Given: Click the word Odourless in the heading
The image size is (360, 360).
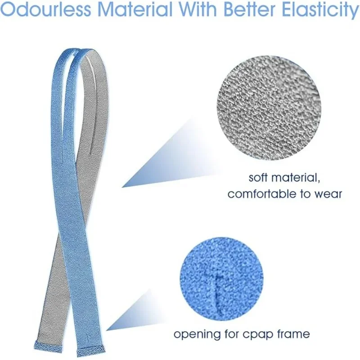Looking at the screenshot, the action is tap(47, 9).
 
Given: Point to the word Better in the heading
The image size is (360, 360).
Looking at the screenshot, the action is tap(250, 9).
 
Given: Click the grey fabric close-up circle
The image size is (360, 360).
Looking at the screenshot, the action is tap(269, 108).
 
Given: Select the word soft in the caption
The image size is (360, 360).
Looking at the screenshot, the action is tap(258, 178).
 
